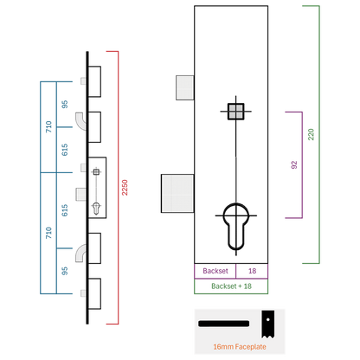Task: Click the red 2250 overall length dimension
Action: [125, 188]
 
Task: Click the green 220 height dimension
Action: [311, 134]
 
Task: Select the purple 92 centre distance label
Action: [294, 165]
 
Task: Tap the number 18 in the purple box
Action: [252, 271]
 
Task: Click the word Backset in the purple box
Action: [215, 271]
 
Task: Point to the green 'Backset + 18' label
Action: [231, 286]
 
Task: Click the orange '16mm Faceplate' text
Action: [240, 347]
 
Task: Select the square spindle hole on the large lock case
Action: [236, 112]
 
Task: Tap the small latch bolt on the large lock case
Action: [185, 87]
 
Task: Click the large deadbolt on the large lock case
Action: [177, 194]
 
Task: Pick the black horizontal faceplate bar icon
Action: [223, 324]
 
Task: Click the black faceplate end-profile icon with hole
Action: [268, 324]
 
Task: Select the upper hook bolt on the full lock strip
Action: [80, 121]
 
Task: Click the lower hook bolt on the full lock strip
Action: [80, 254]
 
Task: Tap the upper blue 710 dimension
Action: [48, 127]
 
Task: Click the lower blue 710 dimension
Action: [48, 233]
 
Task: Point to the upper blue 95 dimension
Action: [65, 104]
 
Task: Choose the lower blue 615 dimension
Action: [65, 210]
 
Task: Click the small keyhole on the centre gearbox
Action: [96, 209]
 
